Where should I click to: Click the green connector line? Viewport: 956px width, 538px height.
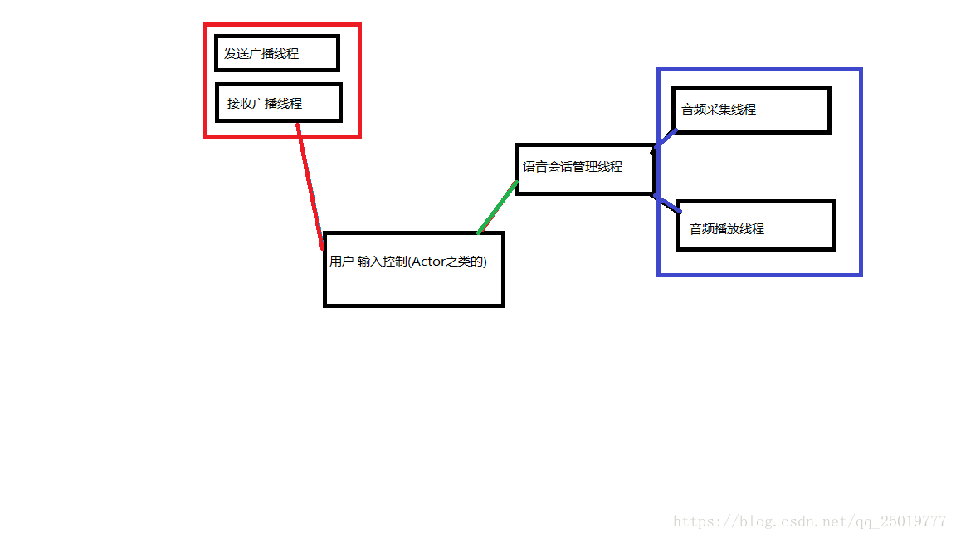tap(498, 208)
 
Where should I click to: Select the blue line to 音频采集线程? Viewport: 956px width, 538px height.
tap(665, 139)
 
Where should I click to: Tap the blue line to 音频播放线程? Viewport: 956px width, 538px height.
tap(666, 203)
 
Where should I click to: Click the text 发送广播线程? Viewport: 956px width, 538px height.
tap(261, 54)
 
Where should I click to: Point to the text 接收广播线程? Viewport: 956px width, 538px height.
tap(265, 104)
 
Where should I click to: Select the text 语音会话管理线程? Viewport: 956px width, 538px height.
tap(573, 166)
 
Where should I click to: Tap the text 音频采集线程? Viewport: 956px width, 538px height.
tap(719, 109)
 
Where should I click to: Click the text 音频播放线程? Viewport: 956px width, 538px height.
tap(727, 228)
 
